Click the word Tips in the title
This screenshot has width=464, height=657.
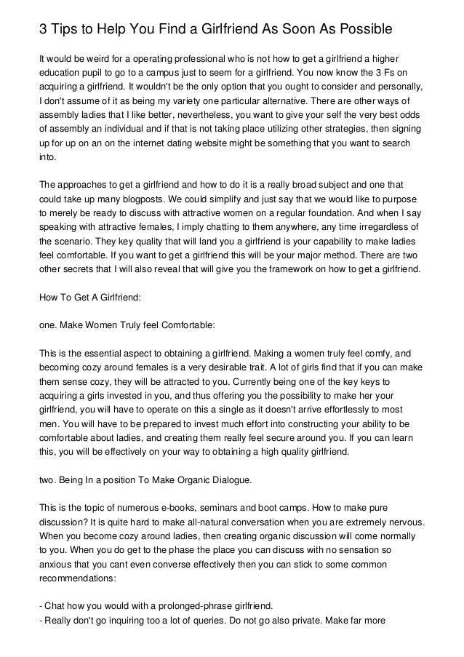(x=68, y=29)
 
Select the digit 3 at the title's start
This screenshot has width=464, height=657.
(x=43, y=29)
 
